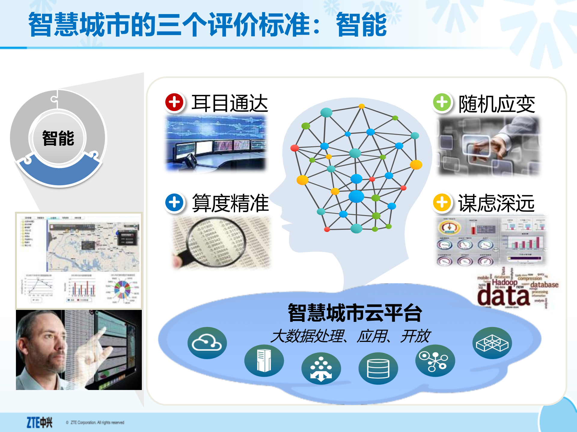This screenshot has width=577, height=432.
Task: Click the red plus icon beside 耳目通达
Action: tap(174, 102)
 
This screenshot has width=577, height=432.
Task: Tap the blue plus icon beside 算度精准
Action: tap(174, 202)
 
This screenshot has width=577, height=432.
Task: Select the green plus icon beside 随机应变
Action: tap(442, 102)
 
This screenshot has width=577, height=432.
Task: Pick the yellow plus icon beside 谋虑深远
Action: tap(442, 202)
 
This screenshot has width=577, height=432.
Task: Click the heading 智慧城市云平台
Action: tap(355, 313)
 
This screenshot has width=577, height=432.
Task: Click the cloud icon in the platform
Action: tap(207, 343)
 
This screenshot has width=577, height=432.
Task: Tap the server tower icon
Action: tap(264, 361)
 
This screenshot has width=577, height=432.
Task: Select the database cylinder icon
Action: tap(378, 368)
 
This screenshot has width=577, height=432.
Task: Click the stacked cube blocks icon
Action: tap(492, 343)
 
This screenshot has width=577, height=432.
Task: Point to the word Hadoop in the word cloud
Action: tap(505, 282)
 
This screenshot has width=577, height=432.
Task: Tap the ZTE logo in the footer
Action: tap(39, 422)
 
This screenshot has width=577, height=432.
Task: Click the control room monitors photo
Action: tap(216, 143)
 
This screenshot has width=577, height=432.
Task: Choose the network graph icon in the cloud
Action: tap(435, 361)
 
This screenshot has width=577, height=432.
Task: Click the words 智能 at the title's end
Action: tap(361, 25)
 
